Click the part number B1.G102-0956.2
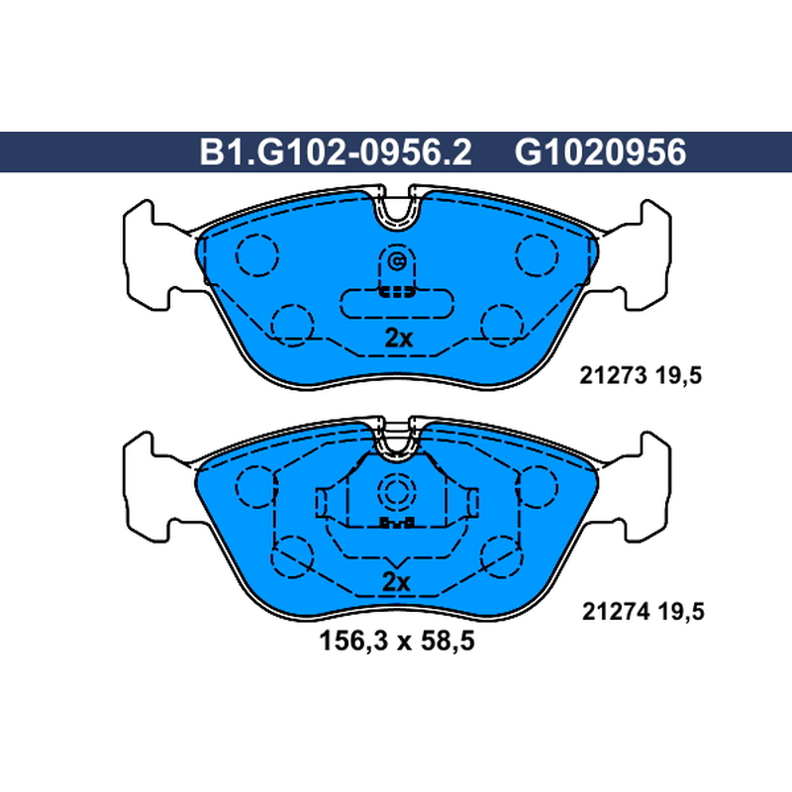point(336,152)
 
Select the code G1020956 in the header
point(601,152)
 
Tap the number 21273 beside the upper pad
point(613,375)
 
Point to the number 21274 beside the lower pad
point(616,612)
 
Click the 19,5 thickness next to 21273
point(679,376)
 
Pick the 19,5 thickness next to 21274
point(681,612)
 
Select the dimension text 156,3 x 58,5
point(397,641)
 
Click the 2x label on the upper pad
point(399,338)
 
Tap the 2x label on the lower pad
point(396,582)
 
